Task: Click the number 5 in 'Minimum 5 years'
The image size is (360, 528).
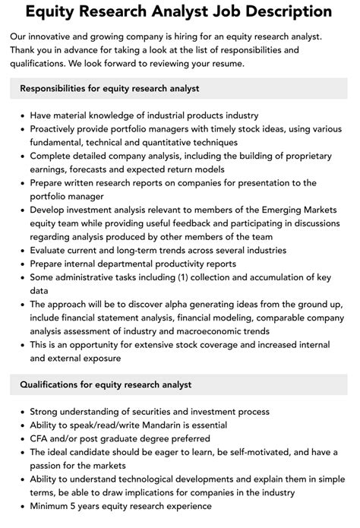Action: click(79, 507)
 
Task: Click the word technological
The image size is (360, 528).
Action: click(144, 479)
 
